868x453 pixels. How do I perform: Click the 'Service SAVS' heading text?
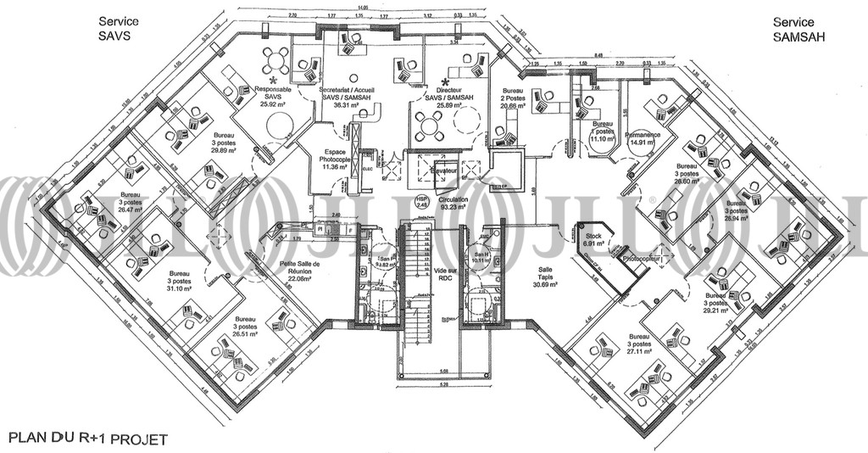pos(117,27)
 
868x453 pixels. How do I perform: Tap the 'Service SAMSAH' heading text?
pos(793,29)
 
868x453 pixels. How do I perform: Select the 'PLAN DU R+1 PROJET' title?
pos(87,439)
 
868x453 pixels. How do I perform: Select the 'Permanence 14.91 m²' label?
pos(643,138)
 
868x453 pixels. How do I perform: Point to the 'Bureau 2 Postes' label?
pos(514,98)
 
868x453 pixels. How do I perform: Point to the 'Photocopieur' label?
pos(641,257)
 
